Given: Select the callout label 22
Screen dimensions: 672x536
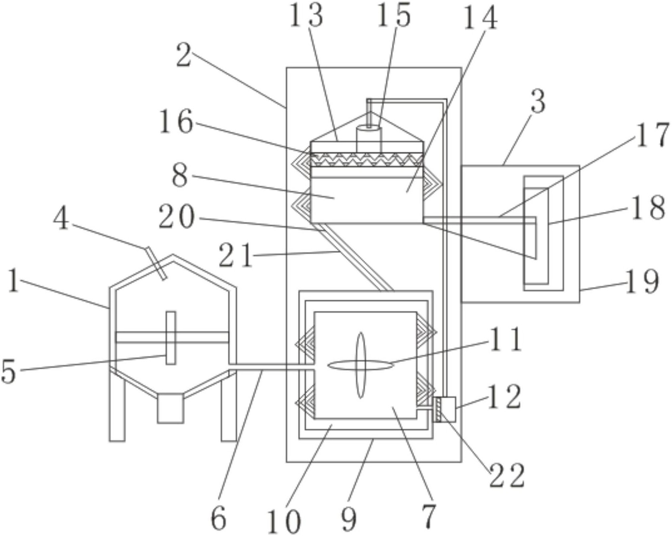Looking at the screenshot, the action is (507, 476).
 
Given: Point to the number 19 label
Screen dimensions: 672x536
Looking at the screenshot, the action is (642, 282).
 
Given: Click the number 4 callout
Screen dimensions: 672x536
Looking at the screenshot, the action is (61, 220).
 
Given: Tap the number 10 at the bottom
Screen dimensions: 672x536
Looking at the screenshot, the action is (284, 521).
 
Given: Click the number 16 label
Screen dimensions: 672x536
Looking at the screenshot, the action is (177, 122).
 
